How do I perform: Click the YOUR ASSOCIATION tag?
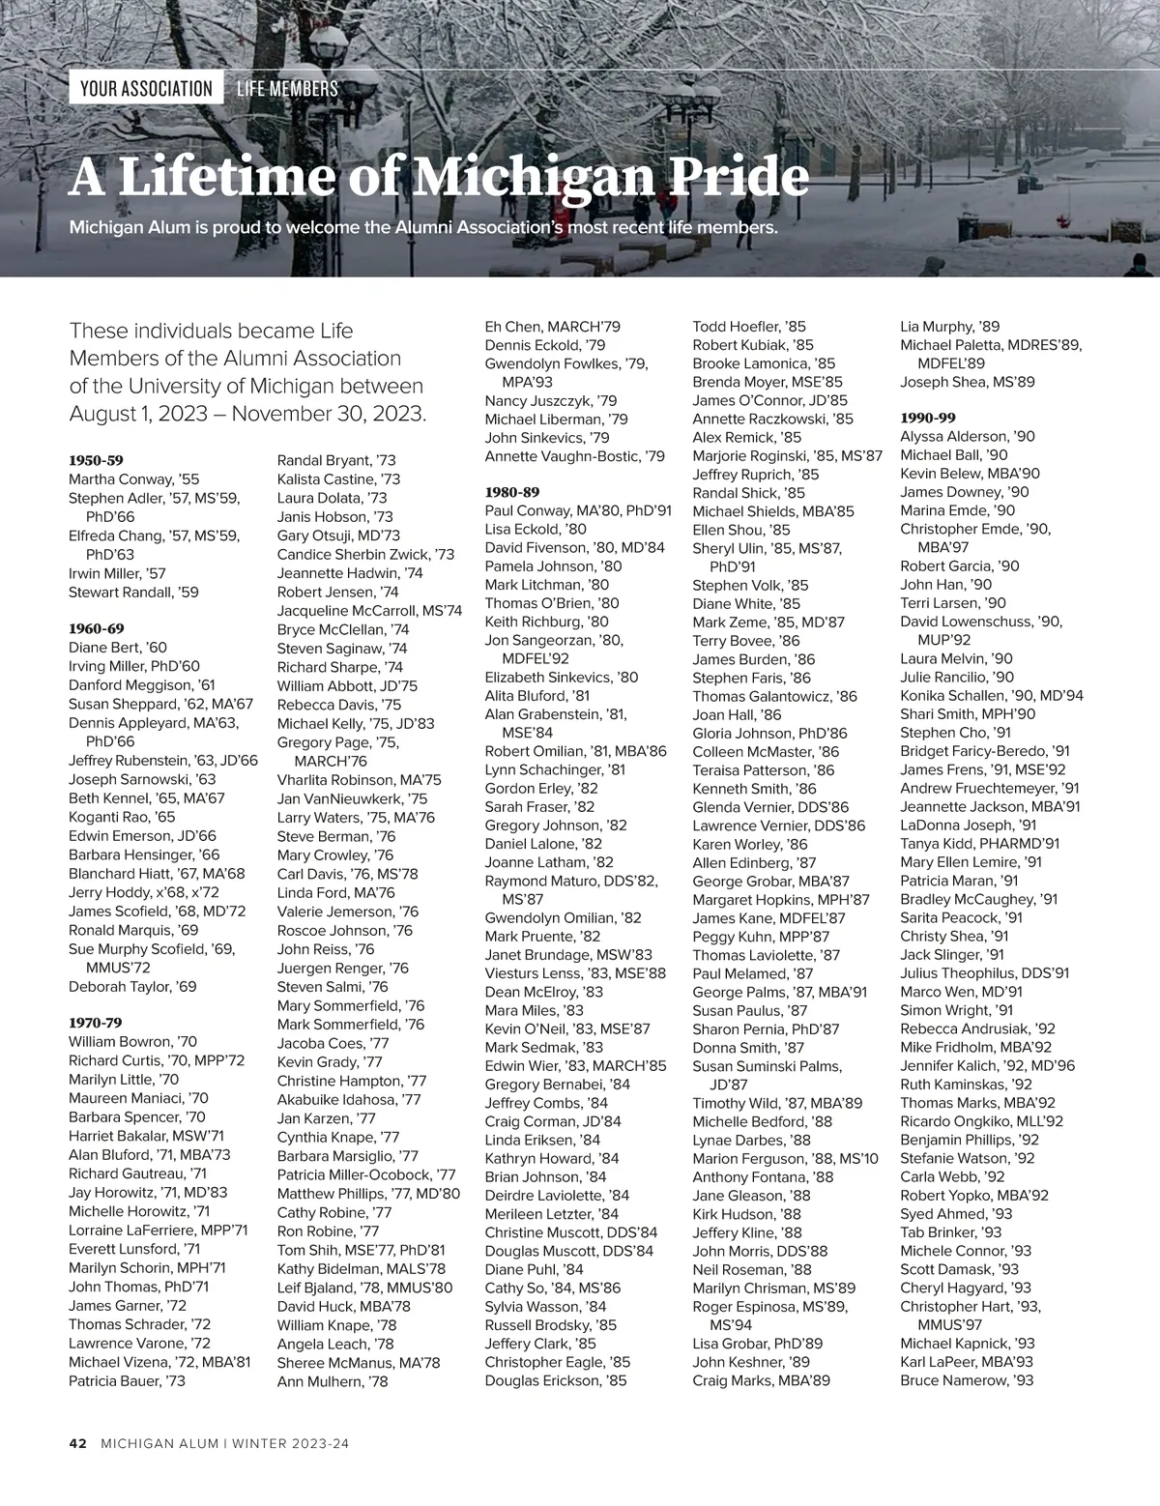point(146,89)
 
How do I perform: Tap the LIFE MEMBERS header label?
point(287,89)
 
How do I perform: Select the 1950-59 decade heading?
point(97,460)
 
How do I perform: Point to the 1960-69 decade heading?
point(97,628)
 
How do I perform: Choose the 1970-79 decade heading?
point(96,1023)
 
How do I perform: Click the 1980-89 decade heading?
point(512,491)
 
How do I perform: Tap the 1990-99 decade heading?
point(928,418)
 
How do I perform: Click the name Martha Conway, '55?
point(134,479)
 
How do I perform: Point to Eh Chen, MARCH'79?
point(552,327)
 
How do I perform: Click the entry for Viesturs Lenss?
point(575,973)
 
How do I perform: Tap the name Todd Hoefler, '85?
point(749,327)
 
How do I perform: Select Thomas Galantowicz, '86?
point(774,696)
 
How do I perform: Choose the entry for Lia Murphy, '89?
point(949,327)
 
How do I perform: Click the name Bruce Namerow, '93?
point(967,1380)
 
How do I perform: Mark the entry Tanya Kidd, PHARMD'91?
point(979,843)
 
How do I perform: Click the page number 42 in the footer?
point(78,1444)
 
